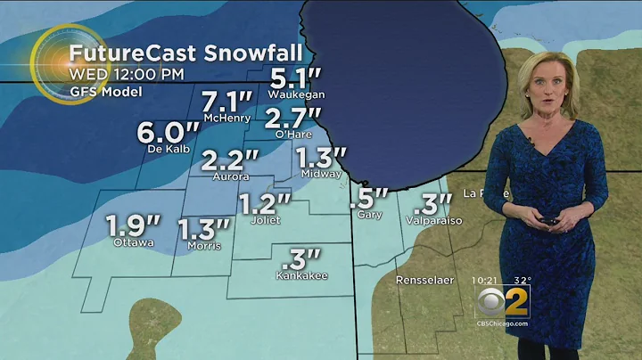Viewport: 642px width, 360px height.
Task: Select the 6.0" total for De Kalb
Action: [x=162, y=132]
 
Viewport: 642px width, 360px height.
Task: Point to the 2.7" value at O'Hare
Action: [x=292, y=117]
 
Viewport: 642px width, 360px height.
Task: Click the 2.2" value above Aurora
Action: [x=230, y=160]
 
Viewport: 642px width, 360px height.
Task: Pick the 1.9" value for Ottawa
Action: [x=132, y=225]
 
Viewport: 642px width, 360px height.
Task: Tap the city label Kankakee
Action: [x=302, y=275]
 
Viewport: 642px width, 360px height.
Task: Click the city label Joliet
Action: [x=266, y=219]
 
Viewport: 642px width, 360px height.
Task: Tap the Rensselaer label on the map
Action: [x=425, y=281]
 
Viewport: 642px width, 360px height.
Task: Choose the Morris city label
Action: [x=204, y=245]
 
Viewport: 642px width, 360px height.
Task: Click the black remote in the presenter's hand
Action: [x=548, y=220]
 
